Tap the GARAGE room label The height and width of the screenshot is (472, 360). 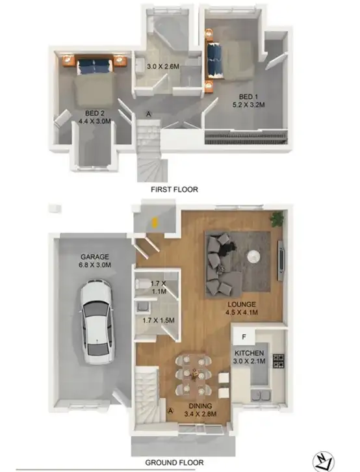(95, 257)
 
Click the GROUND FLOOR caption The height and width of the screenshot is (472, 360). (174, 463)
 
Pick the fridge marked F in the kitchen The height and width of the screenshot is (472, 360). (244, 337)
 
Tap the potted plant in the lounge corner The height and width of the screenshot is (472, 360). (278, 218)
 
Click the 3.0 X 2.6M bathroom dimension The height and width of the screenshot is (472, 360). (158, 66)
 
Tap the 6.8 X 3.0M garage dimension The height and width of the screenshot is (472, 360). (95, 265)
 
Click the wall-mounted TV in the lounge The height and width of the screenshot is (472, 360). (281, 256)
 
